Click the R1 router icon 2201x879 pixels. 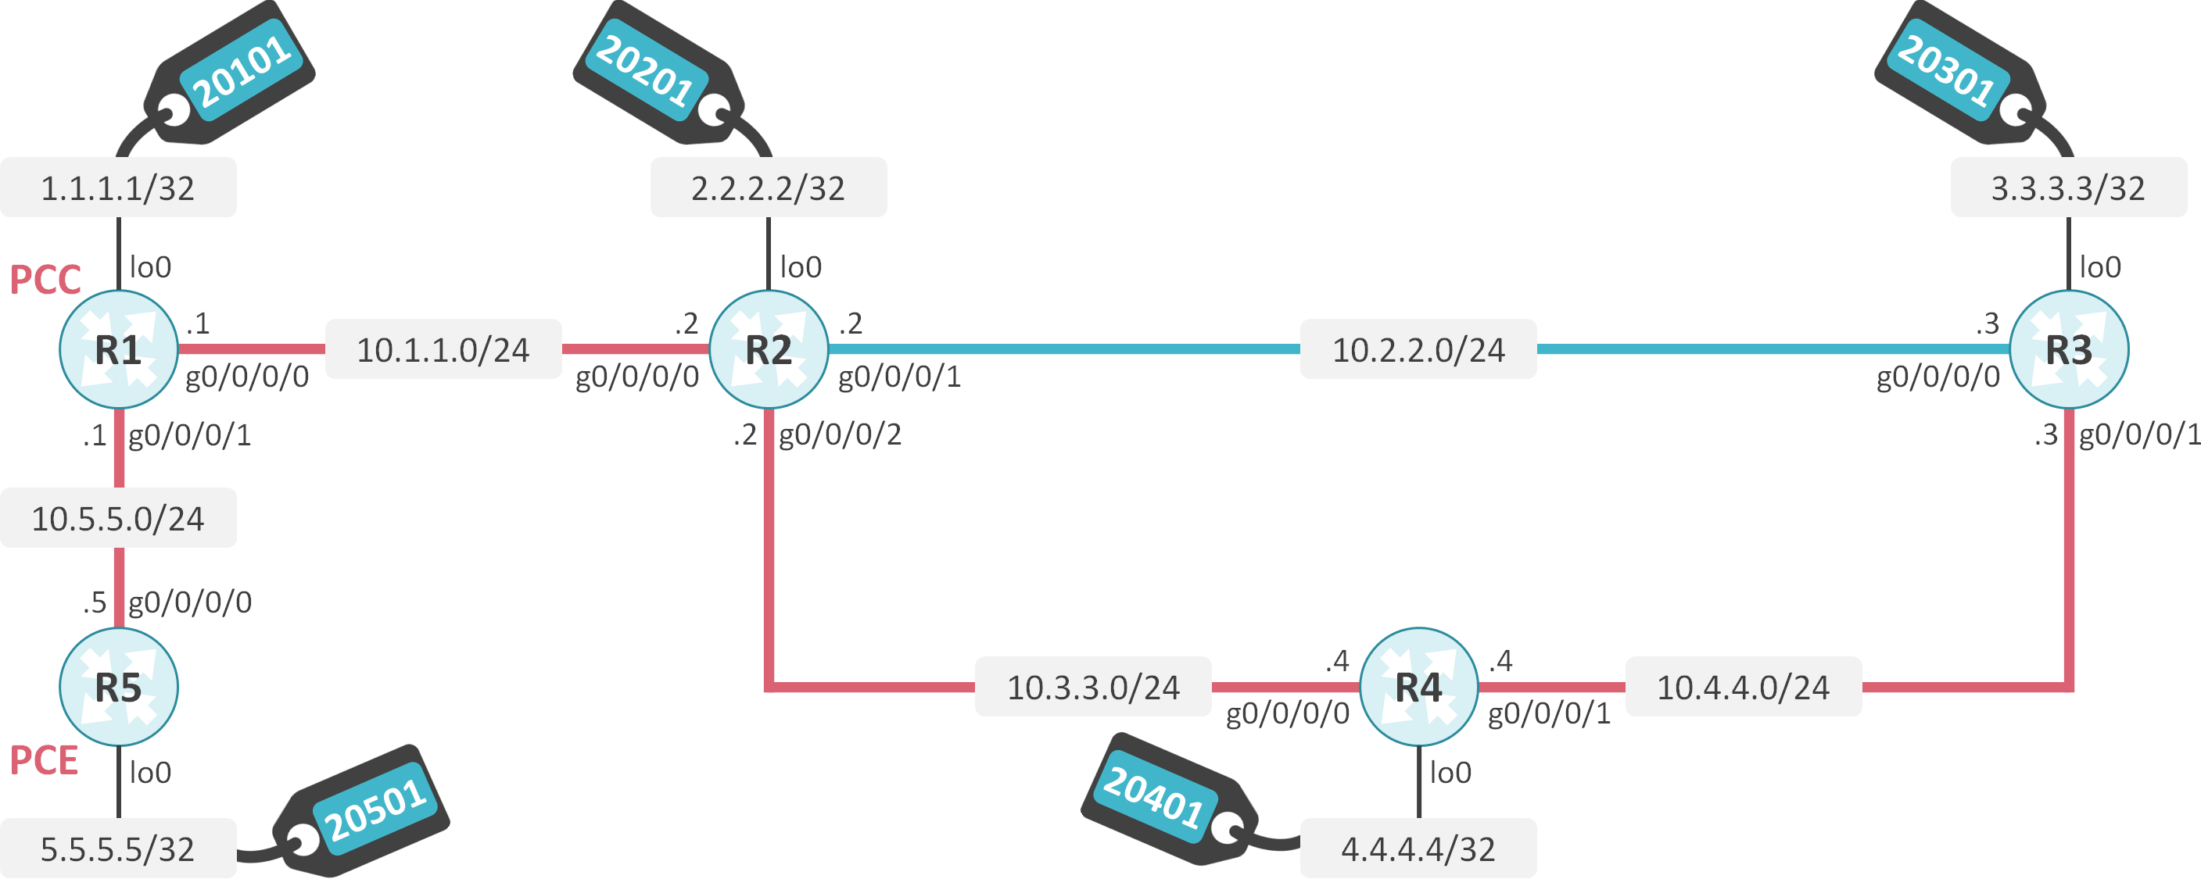click(118, 349)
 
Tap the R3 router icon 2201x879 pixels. click(2068, 349)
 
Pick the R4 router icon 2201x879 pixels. click(1418, 687)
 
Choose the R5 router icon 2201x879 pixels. click(118, 687)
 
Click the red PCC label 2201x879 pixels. click(45, 280)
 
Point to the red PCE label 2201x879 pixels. click(44, 760)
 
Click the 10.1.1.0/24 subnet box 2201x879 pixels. click(443, 349)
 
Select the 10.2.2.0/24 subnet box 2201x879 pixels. click(1418, 349)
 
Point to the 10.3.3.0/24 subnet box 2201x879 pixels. click(1093, 687)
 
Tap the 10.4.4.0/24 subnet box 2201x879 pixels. click(1743, 687)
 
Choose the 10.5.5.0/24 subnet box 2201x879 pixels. click(118, 519)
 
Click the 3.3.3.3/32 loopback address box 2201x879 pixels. click(2068, 188)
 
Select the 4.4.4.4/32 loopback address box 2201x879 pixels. click(1418, 849)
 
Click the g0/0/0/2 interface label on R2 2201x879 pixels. click(840, 434)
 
